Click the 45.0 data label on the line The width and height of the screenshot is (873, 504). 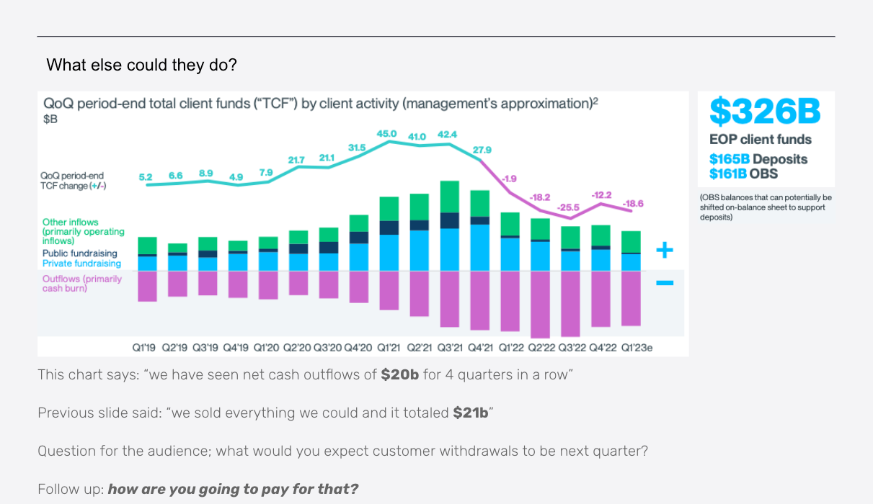click(387, 133)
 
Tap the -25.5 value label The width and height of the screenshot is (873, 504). click(568, 207)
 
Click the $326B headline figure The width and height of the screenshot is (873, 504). click(765, 111)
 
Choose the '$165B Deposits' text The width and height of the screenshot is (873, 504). click(758, 159)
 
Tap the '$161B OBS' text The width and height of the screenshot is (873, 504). click(743, 174)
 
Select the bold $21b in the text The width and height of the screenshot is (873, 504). click(471, 413)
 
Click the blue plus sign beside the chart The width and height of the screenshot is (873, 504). click(665, 251)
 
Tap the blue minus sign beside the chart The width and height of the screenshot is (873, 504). click(665, 283)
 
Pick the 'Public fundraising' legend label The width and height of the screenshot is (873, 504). click(79, 253)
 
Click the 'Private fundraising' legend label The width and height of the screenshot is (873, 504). click(81, 264)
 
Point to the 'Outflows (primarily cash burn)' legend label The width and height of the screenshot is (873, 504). click(81, 284)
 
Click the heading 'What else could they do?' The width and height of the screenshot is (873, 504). click(142, 65)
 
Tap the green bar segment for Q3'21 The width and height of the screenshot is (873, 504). click(449, 197)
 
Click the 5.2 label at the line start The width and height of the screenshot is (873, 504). click(145, 176)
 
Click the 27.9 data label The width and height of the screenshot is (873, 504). click(482, 150)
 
